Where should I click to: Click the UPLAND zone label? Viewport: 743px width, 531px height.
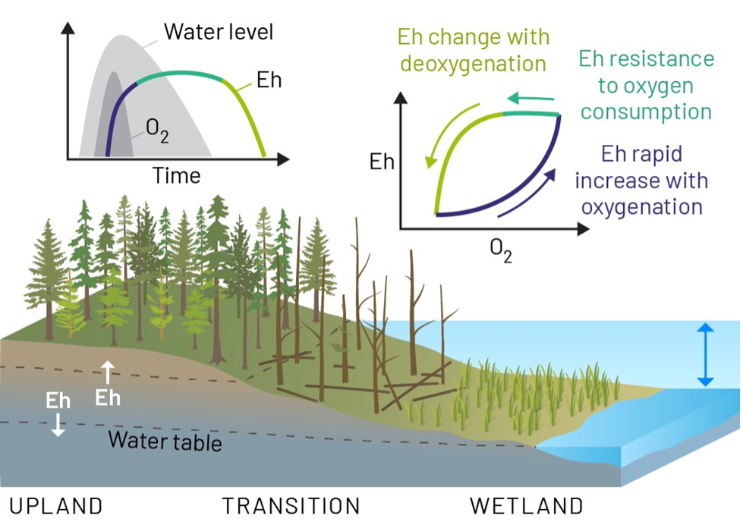(x=55, y=506)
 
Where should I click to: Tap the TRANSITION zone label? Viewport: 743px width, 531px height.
(x=291, y=506)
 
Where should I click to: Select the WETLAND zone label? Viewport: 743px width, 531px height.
(x=527, y=506)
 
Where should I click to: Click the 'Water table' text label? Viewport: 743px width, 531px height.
(x=165, y=440)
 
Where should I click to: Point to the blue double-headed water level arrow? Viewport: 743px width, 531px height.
(x=705, y=354)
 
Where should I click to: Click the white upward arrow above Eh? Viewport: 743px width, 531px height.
(x=108, y=372)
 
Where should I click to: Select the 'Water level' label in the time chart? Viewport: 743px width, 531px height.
(x=219, y=32)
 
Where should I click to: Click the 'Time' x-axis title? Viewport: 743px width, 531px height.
(x=177, y=176)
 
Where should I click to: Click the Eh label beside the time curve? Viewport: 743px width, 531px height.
(x=269, y=80)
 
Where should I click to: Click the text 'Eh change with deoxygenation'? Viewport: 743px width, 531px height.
(x=473, y=50)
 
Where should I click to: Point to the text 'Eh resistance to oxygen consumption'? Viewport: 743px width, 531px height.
(x=646, y=85)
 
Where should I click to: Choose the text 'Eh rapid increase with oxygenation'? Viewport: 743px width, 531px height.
(x=641, y=181)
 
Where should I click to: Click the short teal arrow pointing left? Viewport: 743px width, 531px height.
(x=530, y=98)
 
